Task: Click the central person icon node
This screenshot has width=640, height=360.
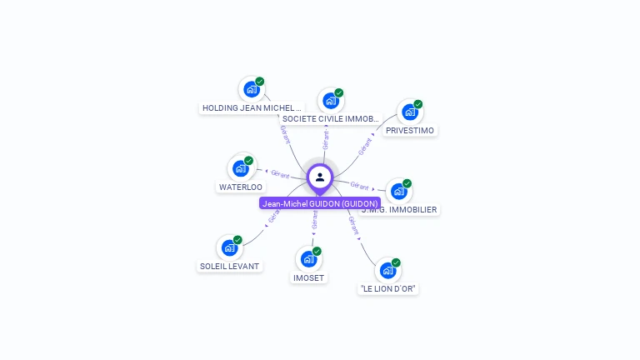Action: coord(320,177)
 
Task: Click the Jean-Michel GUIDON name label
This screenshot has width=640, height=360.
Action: coord(320,203)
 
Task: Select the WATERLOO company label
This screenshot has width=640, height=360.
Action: coord(241,187)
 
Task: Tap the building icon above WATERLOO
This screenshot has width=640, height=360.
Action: coord(241,167)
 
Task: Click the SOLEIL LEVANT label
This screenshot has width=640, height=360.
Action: coord(229,267)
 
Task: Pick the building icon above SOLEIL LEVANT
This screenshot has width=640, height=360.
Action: coord(229,247)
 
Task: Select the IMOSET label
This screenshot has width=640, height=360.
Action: coord(308,277)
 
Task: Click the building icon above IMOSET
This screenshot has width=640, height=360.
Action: coord(308,258)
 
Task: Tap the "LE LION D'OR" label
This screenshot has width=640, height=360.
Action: coord(387,289)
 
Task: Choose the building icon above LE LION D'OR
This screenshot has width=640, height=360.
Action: coord(387,270)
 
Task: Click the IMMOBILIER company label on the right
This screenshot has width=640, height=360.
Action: coord(400,210)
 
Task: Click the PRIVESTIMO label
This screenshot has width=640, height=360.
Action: coord(410,131)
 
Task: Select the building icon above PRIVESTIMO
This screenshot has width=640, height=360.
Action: coord(409,112)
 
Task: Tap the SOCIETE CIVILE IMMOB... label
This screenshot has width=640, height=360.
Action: coord(331,119)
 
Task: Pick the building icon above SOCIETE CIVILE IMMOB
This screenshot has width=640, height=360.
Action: coord(331,101)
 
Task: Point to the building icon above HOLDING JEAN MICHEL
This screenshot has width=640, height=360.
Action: coord(251,89)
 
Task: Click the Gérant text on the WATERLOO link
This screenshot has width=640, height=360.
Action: coord(280,175)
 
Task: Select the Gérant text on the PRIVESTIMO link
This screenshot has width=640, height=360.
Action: coord(365,147)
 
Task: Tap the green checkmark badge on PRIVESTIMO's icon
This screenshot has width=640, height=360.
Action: coord(418,104)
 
